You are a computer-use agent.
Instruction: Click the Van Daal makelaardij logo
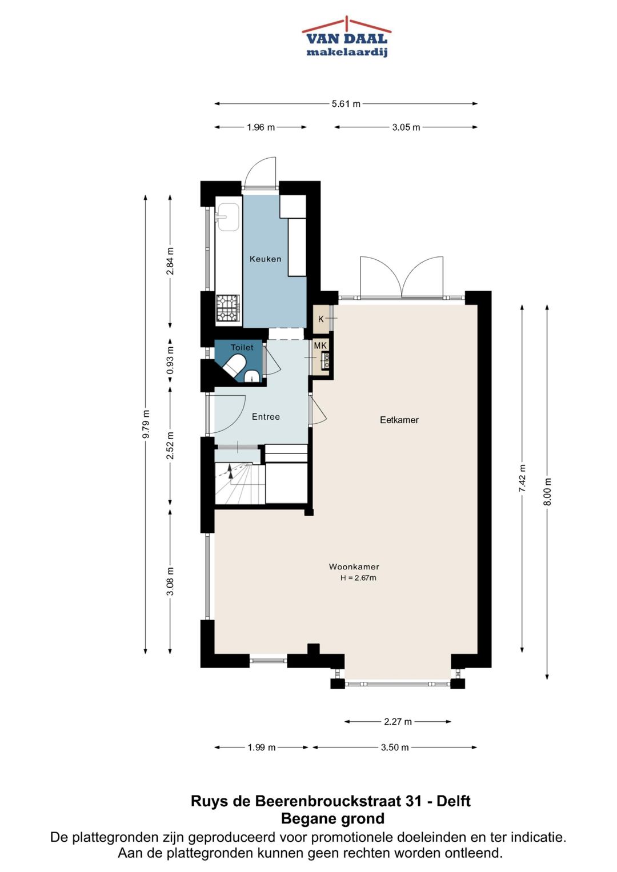coord(347,37)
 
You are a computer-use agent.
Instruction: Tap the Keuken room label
coord(265,259)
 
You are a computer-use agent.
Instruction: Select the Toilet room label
coord(242,347)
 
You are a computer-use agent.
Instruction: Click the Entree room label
coord(266,416)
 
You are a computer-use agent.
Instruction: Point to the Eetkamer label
coord(399,420)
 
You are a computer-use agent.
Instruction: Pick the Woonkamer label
coord(354,567)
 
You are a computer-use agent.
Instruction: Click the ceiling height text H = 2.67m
coord(358,578)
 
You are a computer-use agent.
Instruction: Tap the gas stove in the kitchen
coord(228,308)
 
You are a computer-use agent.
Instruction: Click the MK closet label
coord(320,345)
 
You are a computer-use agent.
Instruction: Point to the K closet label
coord(321,319)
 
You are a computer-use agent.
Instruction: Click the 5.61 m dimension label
coord(346,104)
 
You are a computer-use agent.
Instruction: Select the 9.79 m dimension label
coord(146,424)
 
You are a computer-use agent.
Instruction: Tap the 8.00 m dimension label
coord(547,492)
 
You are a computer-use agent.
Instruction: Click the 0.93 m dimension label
coord(170,360)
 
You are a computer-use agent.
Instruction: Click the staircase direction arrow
coord(230,471)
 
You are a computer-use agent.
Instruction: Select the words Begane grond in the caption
coord(332,819)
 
